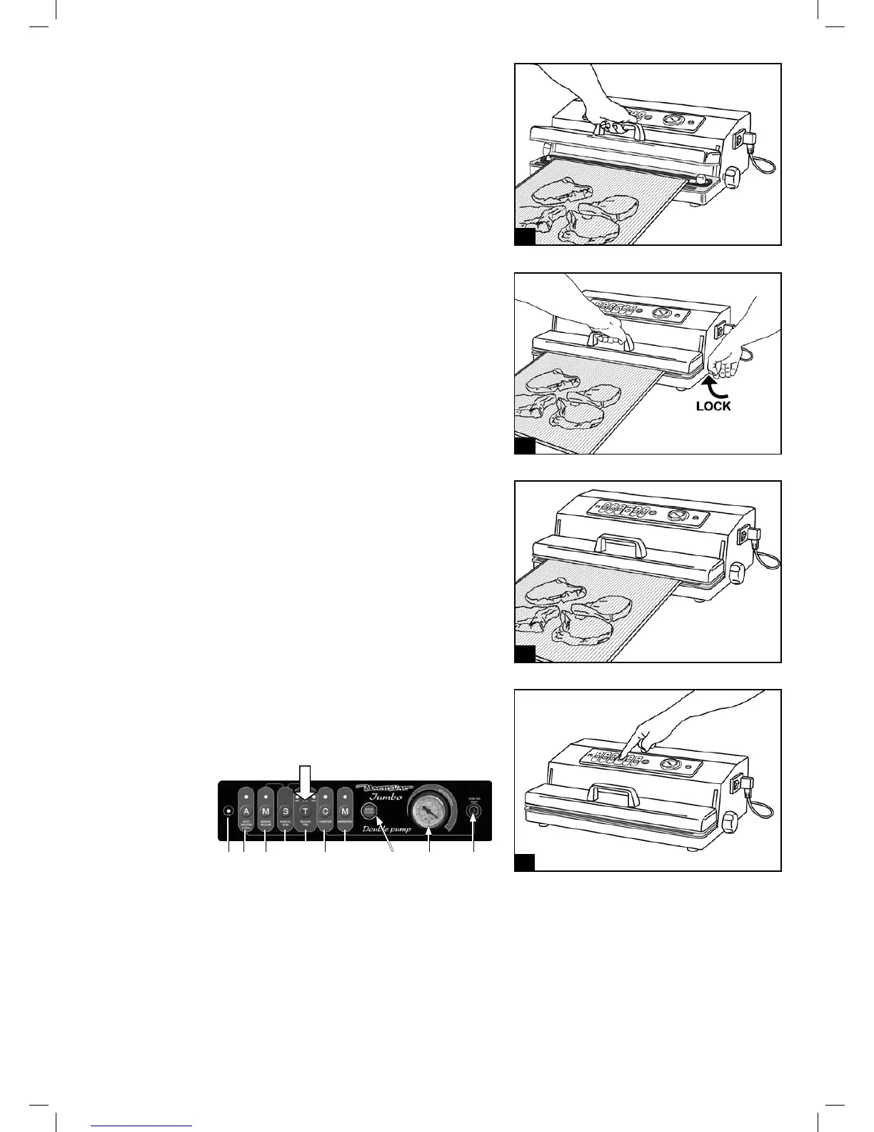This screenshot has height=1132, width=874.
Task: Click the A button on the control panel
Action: (x=246, y=811)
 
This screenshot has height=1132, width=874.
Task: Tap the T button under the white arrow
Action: (x=305, y=811)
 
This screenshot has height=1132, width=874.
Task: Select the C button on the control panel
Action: (x=326, y=811)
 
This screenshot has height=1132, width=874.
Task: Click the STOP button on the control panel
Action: (x=369, y=810)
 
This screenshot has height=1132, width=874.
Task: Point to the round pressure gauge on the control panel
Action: (x=428, y=813)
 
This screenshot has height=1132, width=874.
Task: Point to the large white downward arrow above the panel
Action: (x=305, y=778)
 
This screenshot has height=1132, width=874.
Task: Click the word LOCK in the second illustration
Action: (x=713, y=406)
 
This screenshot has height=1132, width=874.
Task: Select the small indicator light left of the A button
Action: (x=228, y=811)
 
